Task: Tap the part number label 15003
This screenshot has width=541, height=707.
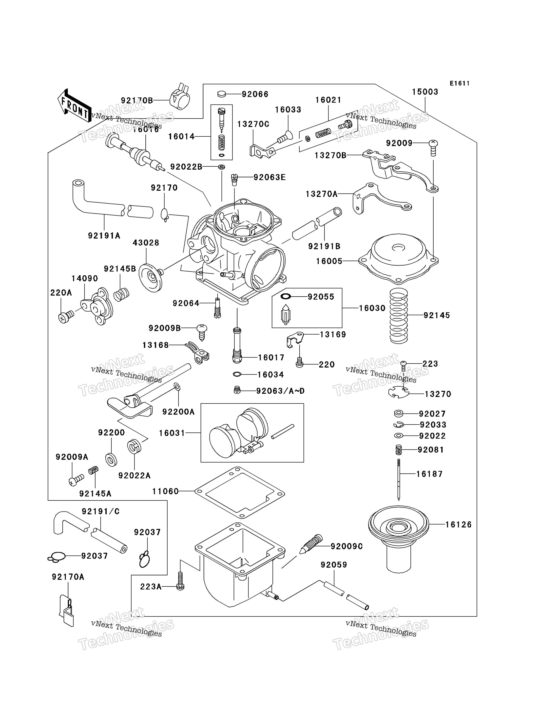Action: click(x=425, y=92)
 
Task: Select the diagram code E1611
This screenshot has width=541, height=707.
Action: click(x=460, y=83)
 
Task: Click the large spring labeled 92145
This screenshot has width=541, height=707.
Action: click(x=399, y=316)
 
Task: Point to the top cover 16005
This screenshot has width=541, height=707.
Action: click(x=399, y=259)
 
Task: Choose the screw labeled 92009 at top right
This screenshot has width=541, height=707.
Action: click(x=433, y=147)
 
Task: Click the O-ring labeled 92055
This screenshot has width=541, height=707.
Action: click(x=286, y=296)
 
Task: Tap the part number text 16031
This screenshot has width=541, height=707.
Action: click(x=172, y=433)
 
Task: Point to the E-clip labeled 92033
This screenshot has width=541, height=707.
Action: click(x=399, y=425)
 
